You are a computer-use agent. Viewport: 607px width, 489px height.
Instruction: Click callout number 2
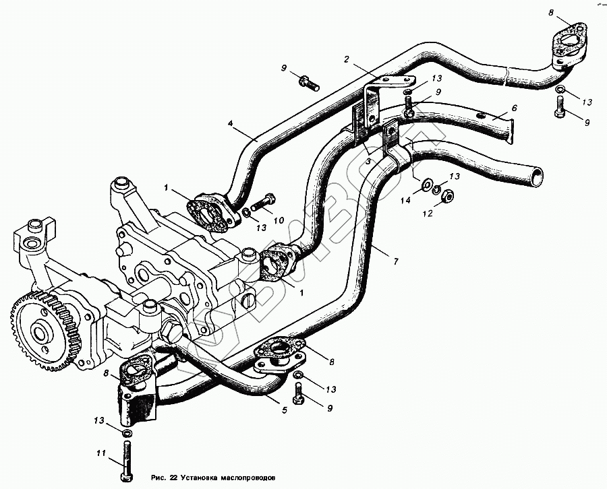pos(346,60)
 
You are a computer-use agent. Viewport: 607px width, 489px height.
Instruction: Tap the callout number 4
pos(231,123)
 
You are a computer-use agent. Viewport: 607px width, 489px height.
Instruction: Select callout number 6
pos(515,107)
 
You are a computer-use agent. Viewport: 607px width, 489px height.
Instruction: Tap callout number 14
pos(405,199)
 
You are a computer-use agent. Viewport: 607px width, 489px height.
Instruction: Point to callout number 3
pos(369,162)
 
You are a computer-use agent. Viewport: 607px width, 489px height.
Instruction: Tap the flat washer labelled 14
pos(427,184)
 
